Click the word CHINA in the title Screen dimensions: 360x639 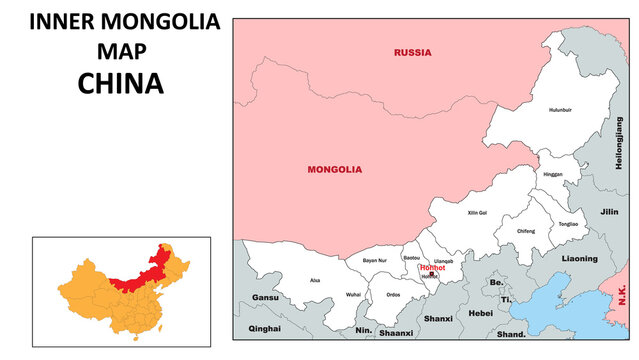tap(120, 84)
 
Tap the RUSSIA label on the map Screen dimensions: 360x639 tap(412, 52)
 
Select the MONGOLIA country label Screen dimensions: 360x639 tap(334, 170)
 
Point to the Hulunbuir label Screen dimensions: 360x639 tap(559, 110)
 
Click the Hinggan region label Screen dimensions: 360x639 tap(552, 174)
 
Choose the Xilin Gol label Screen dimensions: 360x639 tap(477, 213)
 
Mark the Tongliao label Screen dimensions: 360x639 tap(568, 225)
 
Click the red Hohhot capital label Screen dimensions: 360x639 tap(432, 267)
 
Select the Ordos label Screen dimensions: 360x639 tap(393, 294)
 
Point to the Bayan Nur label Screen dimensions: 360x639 tap(374, 260)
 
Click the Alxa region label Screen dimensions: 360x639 tap(315, 281)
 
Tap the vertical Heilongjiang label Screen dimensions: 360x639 tap(618, 142)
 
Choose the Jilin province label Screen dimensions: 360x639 tap(609, 212)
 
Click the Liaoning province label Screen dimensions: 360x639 tap(579, 259)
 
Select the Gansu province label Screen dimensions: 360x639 tap(265, 298)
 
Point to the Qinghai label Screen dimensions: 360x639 tap(265, 328)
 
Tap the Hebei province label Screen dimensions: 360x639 tap(481, 314)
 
